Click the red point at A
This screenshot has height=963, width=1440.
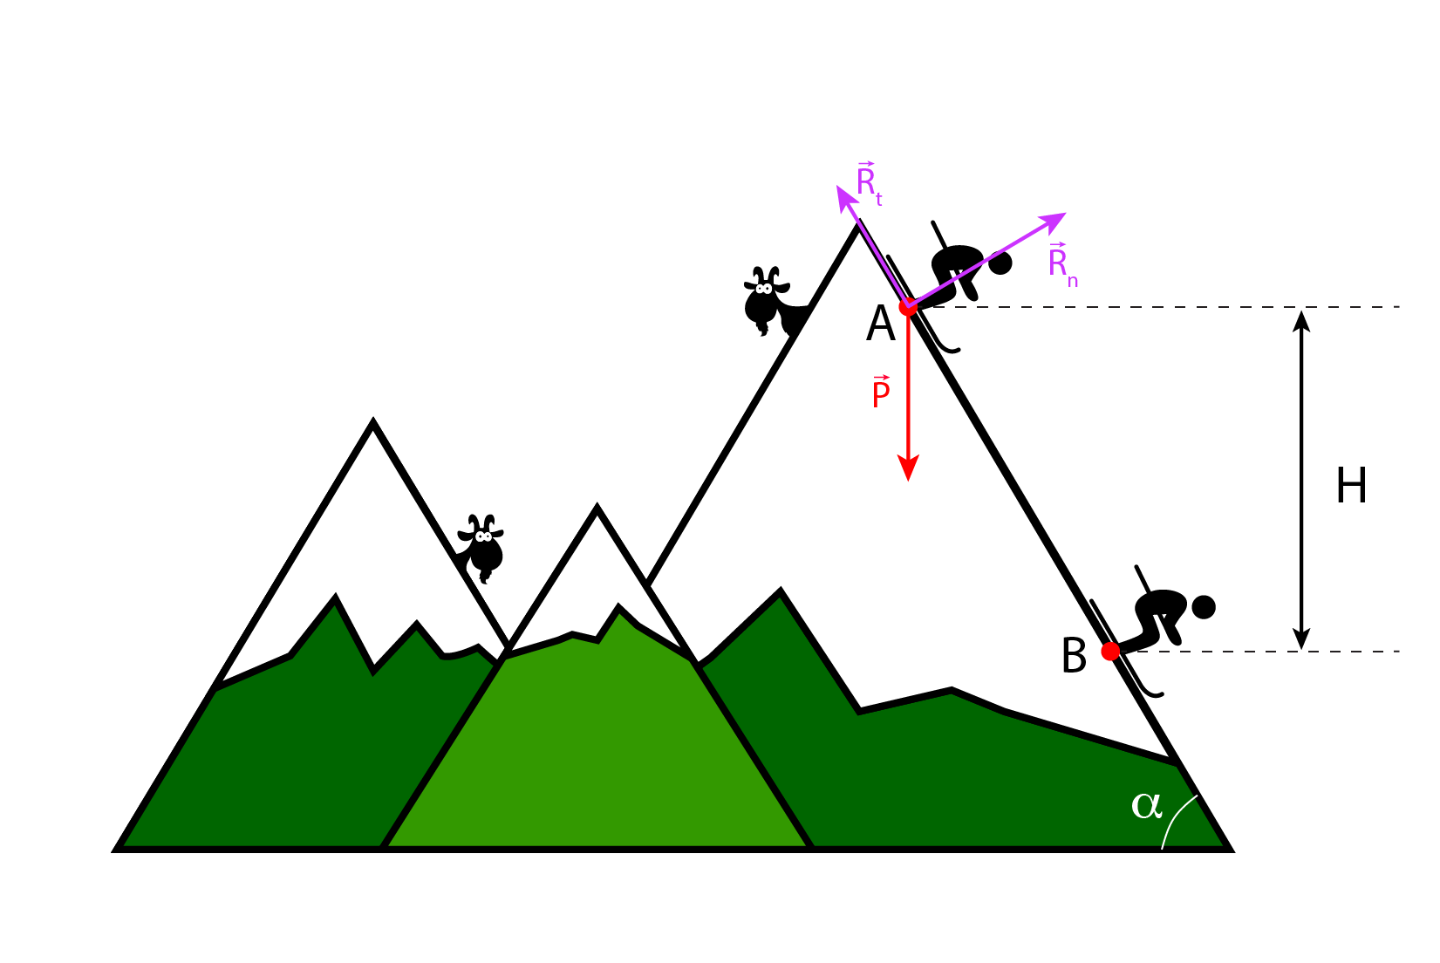point(908,306)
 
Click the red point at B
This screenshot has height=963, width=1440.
point(1110,652)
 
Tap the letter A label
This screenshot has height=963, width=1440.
point(881,324)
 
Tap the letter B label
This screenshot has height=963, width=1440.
point(1074,656)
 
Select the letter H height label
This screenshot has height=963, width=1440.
point(1351,486)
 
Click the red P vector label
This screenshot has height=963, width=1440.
point(881,393)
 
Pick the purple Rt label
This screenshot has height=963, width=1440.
point(869,182)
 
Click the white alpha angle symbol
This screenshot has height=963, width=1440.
point(1147,804)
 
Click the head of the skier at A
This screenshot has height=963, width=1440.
point(1000,263)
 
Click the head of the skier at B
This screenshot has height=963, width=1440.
point(1204,607)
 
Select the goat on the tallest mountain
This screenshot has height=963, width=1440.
point(768,299)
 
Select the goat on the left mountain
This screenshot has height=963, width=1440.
point(482,547)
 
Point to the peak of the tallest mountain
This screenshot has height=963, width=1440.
point(858,229)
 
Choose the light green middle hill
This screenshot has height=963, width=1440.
point(598,750)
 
